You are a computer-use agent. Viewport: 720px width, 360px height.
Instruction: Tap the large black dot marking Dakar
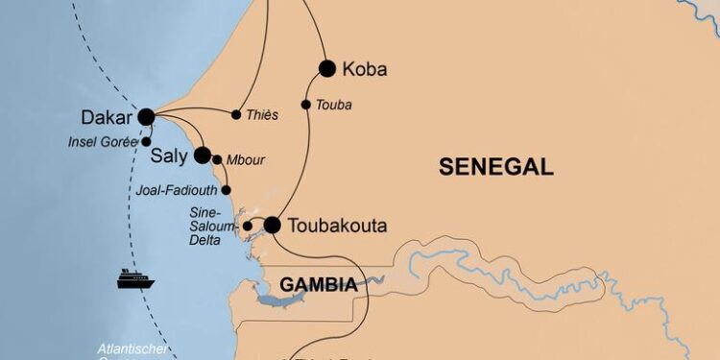tap(146, 117)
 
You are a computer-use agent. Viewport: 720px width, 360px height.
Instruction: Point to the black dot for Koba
tap(327, 68)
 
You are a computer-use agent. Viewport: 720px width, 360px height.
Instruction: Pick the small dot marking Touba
tap(306, 105)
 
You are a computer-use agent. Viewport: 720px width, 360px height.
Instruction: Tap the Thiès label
tap(262, 115)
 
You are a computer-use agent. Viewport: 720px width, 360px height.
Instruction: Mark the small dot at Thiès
tap(236, 115)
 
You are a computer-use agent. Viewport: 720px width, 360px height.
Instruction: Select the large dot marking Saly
tap(203, 156)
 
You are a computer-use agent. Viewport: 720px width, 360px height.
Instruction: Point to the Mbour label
tap(246, 160)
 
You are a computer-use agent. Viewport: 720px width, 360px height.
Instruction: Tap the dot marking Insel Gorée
tap(146, 141)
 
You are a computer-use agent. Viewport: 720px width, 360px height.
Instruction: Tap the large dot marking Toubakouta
tap(272, 226)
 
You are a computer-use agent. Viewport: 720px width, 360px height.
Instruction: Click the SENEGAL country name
tap(495, 167)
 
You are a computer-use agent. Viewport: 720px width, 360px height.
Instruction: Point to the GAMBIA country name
tap(319, 285)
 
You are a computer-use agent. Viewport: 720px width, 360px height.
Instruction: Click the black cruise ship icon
tap(136, 278)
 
